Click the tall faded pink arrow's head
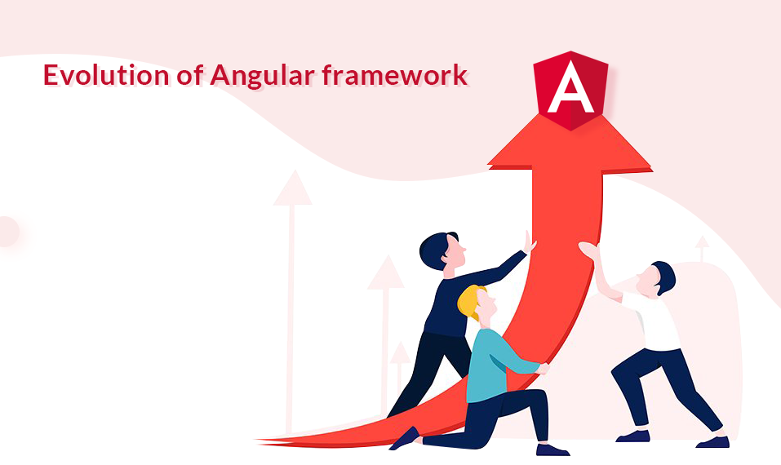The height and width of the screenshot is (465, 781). (292, 188)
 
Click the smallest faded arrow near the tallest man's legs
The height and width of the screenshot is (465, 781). (400, 353)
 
